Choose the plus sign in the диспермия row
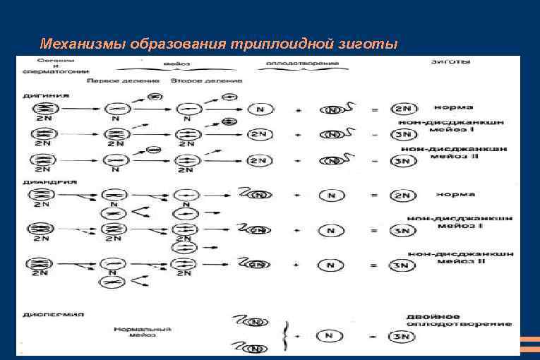[298, 335]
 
